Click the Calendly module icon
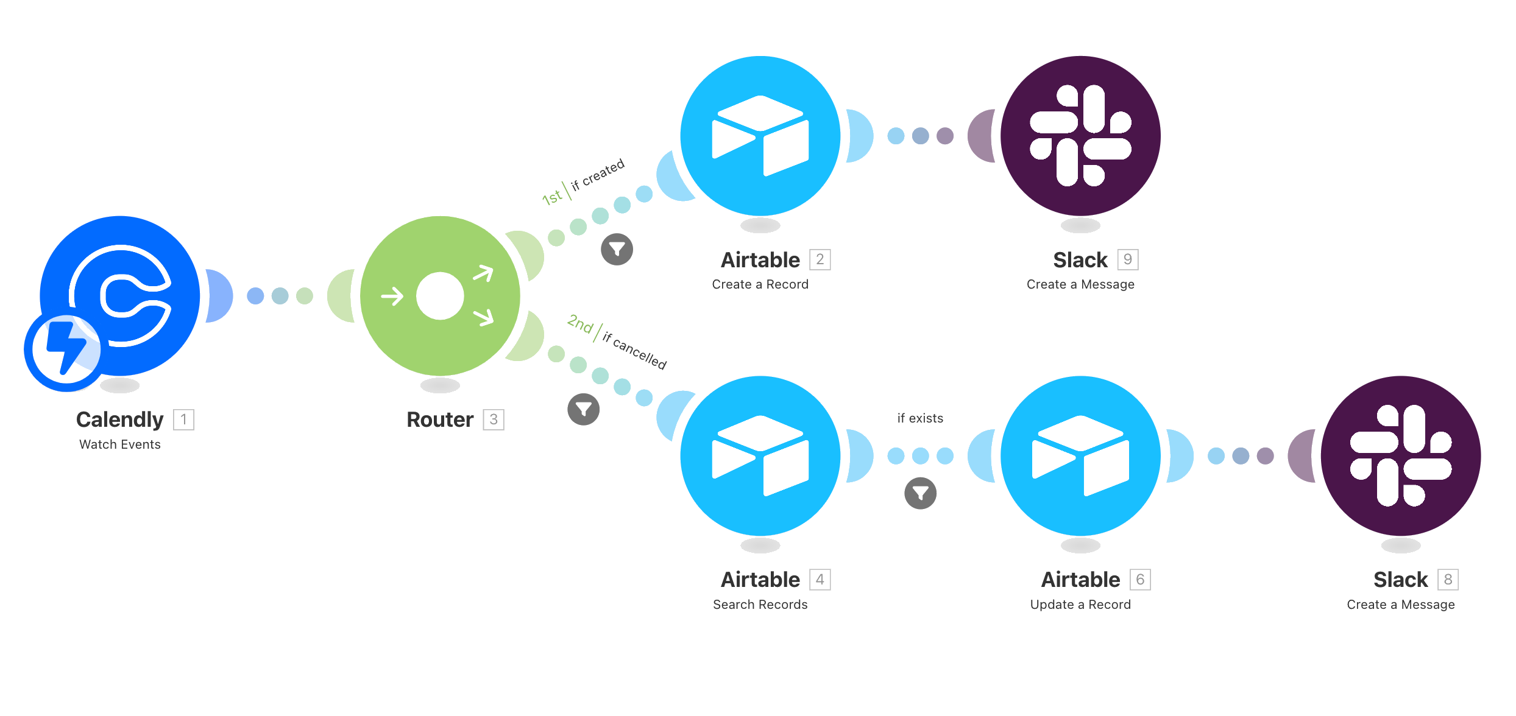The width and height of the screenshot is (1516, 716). (x=120, y=295)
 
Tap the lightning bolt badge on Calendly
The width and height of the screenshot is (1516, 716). (x=63, y=353)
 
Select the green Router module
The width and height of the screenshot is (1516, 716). (x=440, y=296)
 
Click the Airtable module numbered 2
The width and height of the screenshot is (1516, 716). (x=760, y=135)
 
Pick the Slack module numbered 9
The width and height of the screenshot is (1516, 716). (x=1080, y=135)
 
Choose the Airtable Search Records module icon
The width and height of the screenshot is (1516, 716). (x=760, y=455)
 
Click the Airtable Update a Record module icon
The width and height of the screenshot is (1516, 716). (x=1080, y=455)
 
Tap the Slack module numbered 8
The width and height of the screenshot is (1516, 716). (x=1401, y=455)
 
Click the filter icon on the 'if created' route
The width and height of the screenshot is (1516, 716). (x=617, y=249)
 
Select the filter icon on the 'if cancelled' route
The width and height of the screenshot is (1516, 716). (x=583, y=409)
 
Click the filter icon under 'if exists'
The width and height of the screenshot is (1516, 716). (x=920, y=493)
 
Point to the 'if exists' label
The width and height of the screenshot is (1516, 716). (x=920, y=418)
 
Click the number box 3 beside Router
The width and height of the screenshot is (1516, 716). (x=494, y=419)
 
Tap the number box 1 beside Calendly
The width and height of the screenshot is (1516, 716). (x=183, y=419)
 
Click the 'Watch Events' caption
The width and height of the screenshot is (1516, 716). (x=120, y=444)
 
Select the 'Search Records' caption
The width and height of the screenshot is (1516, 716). (x=760, y=605)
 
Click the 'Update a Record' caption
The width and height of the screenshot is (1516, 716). (x=1080, y=605)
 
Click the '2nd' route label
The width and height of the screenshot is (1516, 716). (x=579, y=324)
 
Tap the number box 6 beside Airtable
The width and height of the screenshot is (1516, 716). (x=1140, y=580)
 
